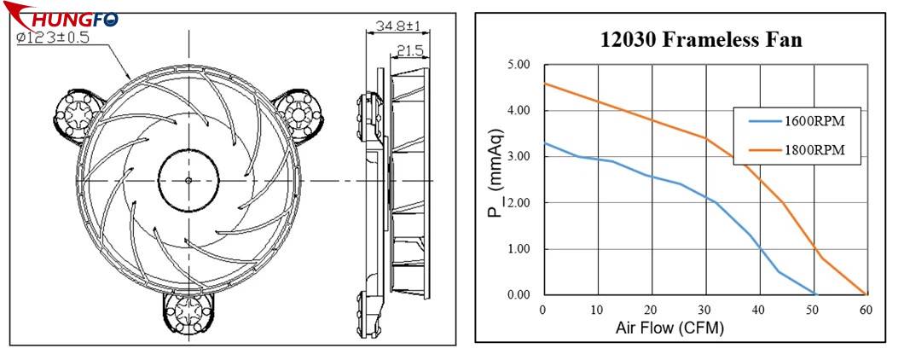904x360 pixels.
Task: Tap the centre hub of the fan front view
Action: (x=188, y=179)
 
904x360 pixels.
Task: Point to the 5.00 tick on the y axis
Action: (x=518, y=64)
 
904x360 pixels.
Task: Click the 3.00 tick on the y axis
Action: (x=518, y=157)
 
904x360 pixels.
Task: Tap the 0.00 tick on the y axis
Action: (x=518, y=295)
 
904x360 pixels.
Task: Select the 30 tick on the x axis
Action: (x=705, y=310)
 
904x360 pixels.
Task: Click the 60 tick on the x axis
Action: (x=867, y=310)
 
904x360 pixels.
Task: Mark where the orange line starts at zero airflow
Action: (x=544, y=84)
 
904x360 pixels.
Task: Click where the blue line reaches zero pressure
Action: (x=815, y=294)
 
